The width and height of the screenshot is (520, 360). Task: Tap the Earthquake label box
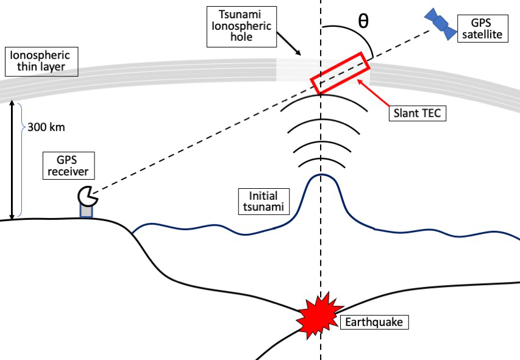(374, 322)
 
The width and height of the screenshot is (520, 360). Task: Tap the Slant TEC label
(418, 113)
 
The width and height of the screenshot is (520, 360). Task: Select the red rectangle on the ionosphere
(340, 73)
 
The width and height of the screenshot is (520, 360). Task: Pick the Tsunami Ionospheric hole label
(240, 27)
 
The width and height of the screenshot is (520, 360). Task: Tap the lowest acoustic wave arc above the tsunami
(320, 161)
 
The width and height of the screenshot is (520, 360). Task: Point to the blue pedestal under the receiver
(87, 210)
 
